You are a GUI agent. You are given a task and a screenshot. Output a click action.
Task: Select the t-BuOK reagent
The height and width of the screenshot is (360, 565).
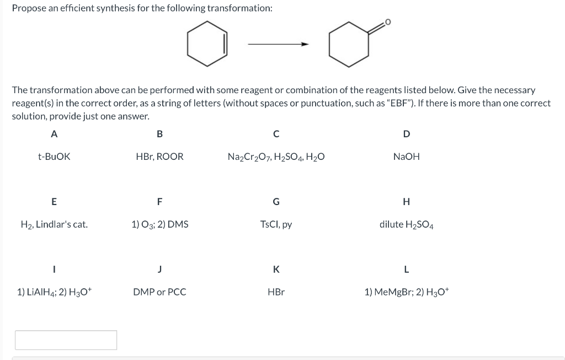coord(54,157)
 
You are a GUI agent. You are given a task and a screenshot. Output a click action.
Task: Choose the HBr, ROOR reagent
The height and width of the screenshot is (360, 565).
coord(159,157)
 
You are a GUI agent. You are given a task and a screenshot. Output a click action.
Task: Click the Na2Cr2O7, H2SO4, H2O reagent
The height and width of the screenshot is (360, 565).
coord(276,157)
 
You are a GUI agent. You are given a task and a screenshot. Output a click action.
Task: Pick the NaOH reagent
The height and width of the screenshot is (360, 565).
coord(406,157)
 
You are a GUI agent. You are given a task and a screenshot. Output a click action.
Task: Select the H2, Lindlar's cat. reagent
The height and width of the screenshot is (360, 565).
coord(54,224)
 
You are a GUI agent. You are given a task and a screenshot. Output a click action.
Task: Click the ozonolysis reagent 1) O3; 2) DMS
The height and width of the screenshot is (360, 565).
coord(159,224)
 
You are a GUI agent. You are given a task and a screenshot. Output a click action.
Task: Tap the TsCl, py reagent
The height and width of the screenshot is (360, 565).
coord(276,224)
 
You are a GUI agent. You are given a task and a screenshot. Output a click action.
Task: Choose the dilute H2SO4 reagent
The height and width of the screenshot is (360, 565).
coord(406,225)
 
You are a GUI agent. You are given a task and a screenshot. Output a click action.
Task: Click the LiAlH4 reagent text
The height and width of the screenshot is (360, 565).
coord(54,292)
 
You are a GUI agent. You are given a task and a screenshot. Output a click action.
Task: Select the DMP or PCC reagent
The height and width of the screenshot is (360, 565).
coord(159,292)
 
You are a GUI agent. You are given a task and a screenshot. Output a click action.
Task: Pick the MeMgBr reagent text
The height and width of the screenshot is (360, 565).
coord(406,292)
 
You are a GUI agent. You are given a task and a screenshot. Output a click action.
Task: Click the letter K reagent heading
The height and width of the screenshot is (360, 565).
coord(276,269)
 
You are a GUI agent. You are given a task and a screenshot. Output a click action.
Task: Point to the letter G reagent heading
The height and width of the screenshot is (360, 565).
coord(276,201)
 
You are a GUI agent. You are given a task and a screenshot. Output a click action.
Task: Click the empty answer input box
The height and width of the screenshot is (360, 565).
coord(66,340)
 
